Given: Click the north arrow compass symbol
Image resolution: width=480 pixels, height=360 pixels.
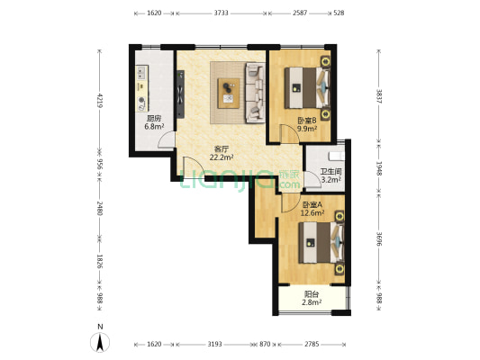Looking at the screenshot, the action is (x=100, y=342).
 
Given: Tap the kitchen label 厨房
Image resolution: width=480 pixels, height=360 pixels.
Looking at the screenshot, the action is (x=154, y=119).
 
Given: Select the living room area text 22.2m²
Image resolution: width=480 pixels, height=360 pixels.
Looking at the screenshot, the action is (x=222, y=157).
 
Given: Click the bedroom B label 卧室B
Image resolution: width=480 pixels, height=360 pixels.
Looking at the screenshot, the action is (x=307, y=121).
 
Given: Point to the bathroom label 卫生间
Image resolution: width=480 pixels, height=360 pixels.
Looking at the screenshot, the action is (x=331, y=172).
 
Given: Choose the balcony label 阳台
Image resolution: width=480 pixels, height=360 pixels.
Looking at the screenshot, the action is (x=312, y=294).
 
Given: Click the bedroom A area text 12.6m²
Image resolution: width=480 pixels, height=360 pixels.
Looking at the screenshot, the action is (x=312, y=213).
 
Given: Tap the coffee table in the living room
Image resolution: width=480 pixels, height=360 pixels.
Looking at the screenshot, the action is (x=229, y=93).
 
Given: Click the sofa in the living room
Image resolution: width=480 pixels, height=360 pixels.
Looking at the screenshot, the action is (x=255, y=93).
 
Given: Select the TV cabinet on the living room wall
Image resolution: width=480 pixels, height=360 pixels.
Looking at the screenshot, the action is (x=180, y=94).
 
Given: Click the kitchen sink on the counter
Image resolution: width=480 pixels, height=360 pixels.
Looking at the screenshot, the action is (x=141, y=73).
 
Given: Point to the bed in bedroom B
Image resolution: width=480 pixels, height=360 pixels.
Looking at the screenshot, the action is (x=307, y=88).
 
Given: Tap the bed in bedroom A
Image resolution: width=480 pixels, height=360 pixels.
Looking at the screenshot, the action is (x=322, y=242).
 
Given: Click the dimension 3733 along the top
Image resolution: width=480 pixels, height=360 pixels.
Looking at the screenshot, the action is (x=221, y=13).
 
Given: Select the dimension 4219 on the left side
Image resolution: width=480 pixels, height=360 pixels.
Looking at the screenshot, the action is (x=100, y=100).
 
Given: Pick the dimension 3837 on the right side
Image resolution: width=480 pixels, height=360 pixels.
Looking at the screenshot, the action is (x=379, y=96).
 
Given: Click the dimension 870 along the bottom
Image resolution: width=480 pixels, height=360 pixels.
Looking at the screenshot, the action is (x=265, y=344).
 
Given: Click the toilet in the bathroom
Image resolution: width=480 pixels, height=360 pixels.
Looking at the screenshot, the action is (x=337, y=157).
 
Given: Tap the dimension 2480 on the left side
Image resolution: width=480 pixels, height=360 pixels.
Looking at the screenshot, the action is (x=100, y=208).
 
